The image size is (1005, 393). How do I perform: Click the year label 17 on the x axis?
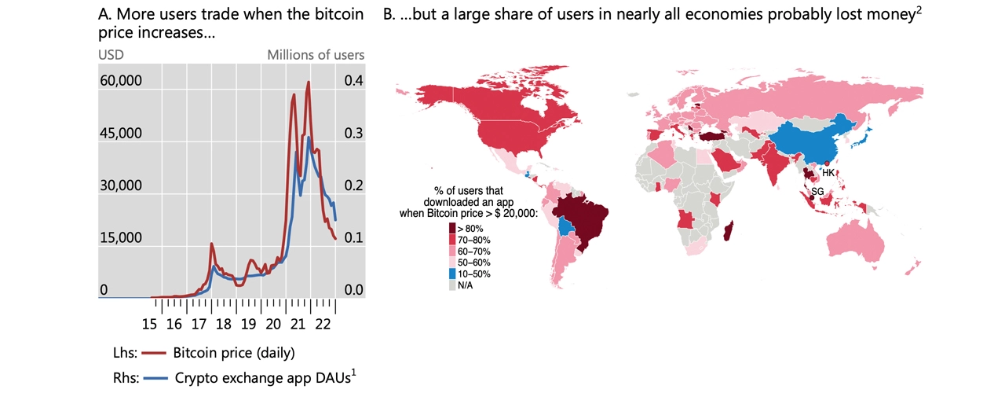click(x=199, y=323)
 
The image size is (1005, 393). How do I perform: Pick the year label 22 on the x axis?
click(x=322, y=323)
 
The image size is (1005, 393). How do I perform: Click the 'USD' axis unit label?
click(x=111, y=55)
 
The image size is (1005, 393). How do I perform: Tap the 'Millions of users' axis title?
click(x=316, y=55)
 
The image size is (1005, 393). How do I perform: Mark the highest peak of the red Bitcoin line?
click(x=308, y=82)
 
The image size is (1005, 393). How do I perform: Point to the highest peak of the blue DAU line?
click(x=309, y=138)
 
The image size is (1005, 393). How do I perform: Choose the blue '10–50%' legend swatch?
click(x=451, y=274)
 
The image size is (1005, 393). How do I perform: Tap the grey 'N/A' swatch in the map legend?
click(x=451, y=285)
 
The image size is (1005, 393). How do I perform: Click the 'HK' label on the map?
click(x=828, y=172)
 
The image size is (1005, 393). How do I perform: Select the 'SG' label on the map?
click(x=817, y=192)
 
